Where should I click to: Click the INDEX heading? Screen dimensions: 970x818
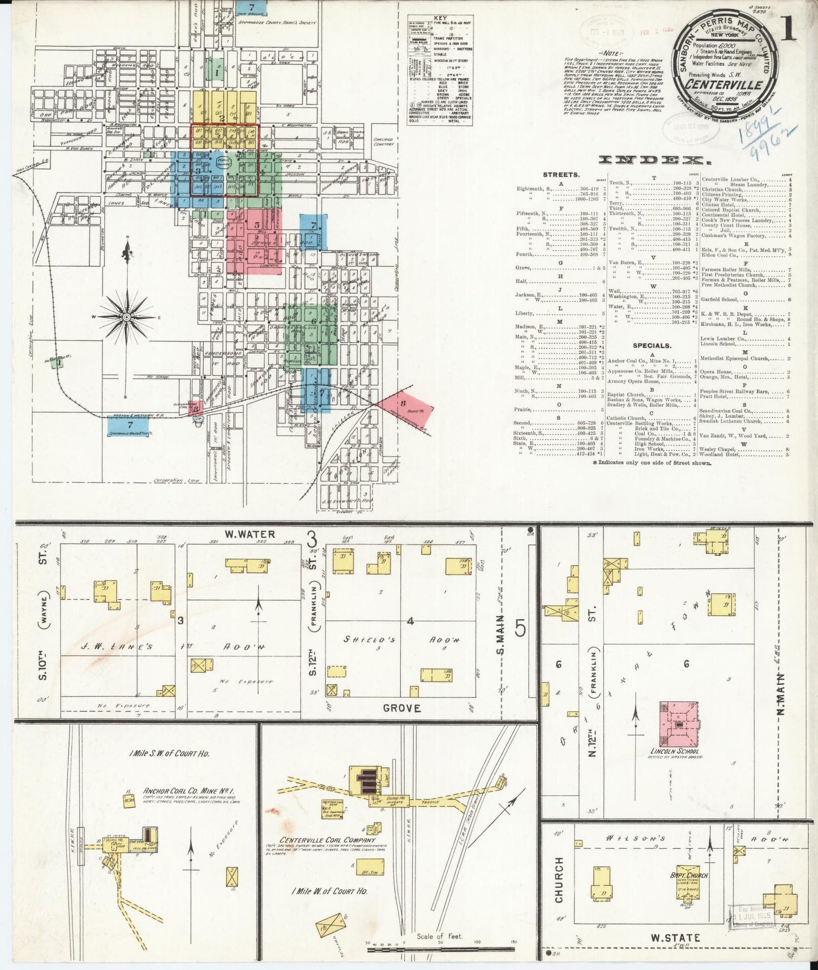(651, 160)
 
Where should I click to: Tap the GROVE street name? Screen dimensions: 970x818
(401, 708)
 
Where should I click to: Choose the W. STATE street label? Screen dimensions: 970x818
(675, 938)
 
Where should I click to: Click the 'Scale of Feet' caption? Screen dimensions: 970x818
(439, 936)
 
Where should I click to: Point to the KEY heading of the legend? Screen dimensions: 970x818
(440, 18)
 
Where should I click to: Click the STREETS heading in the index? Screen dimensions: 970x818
(561, 175)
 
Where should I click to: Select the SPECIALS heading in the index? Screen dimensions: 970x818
(652, 345)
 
